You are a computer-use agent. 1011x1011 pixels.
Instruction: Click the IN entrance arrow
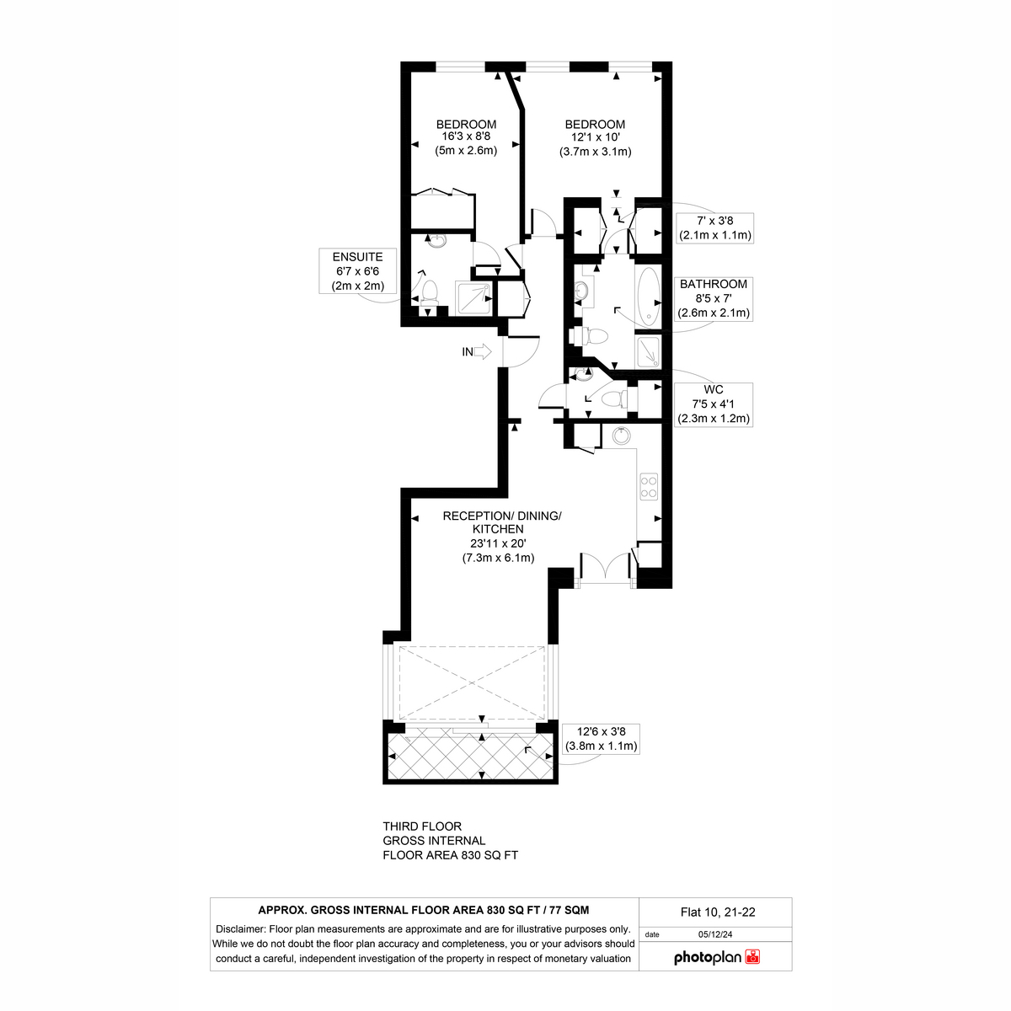point(482,351)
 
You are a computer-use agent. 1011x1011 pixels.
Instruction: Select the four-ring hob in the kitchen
point(649,487)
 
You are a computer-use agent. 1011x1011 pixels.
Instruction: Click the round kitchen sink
point(621,435)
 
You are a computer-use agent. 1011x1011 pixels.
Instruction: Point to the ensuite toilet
point(430,293)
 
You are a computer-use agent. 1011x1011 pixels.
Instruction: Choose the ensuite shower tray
point(474,298)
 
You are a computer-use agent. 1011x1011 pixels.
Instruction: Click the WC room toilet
point(614,399)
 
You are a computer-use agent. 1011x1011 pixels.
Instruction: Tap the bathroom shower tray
point(649,350)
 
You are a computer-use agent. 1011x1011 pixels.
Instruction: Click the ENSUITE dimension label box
point(358,271)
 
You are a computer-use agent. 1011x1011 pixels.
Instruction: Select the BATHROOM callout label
point(714,298)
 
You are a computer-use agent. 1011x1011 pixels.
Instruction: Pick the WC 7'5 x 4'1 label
point(714,404)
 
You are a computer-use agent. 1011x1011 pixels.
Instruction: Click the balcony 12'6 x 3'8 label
point(601,739)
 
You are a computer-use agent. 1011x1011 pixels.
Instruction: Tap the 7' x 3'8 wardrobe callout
point(714,227)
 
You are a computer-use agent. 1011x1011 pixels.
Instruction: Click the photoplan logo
point(717,957)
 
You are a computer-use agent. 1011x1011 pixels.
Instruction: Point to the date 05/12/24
point(714,934)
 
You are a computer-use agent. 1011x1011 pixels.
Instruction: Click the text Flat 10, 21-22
point(718,912)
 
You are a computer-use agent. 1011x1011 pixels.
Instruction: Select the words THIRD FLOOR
point(422,826)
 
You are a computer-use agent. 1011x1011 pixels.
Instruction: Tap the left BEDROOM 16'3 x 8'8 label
point(466,137)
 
